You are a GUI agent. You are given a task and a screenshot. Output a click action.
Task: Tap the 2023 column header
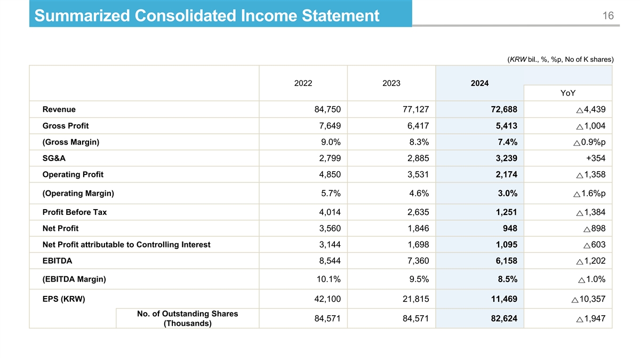click(x=391, y=83)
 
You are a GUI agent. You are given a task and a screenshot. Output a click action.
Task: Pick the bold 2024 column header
click(x=479, y=83)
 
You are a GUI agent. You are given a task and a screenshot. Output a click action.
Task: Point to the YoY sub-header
click(x=568, y=93)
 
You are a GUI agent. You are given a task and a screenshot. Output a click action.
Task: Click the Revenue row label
click(x=59, y=109)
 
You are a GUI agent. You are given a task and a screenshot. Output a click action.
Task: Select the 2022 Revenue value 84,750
click(x=327, y=110)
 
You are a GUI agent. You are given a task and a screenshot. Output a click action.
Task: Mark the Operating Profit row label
click(x=73, y=174)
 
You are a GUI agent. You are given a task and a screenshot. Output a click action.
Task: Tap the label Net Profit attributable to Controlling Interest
click(x=126, y=245)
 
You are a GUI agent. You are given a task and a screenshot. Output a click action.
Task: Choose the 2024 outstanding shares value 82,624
click(x=503, y=319)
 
